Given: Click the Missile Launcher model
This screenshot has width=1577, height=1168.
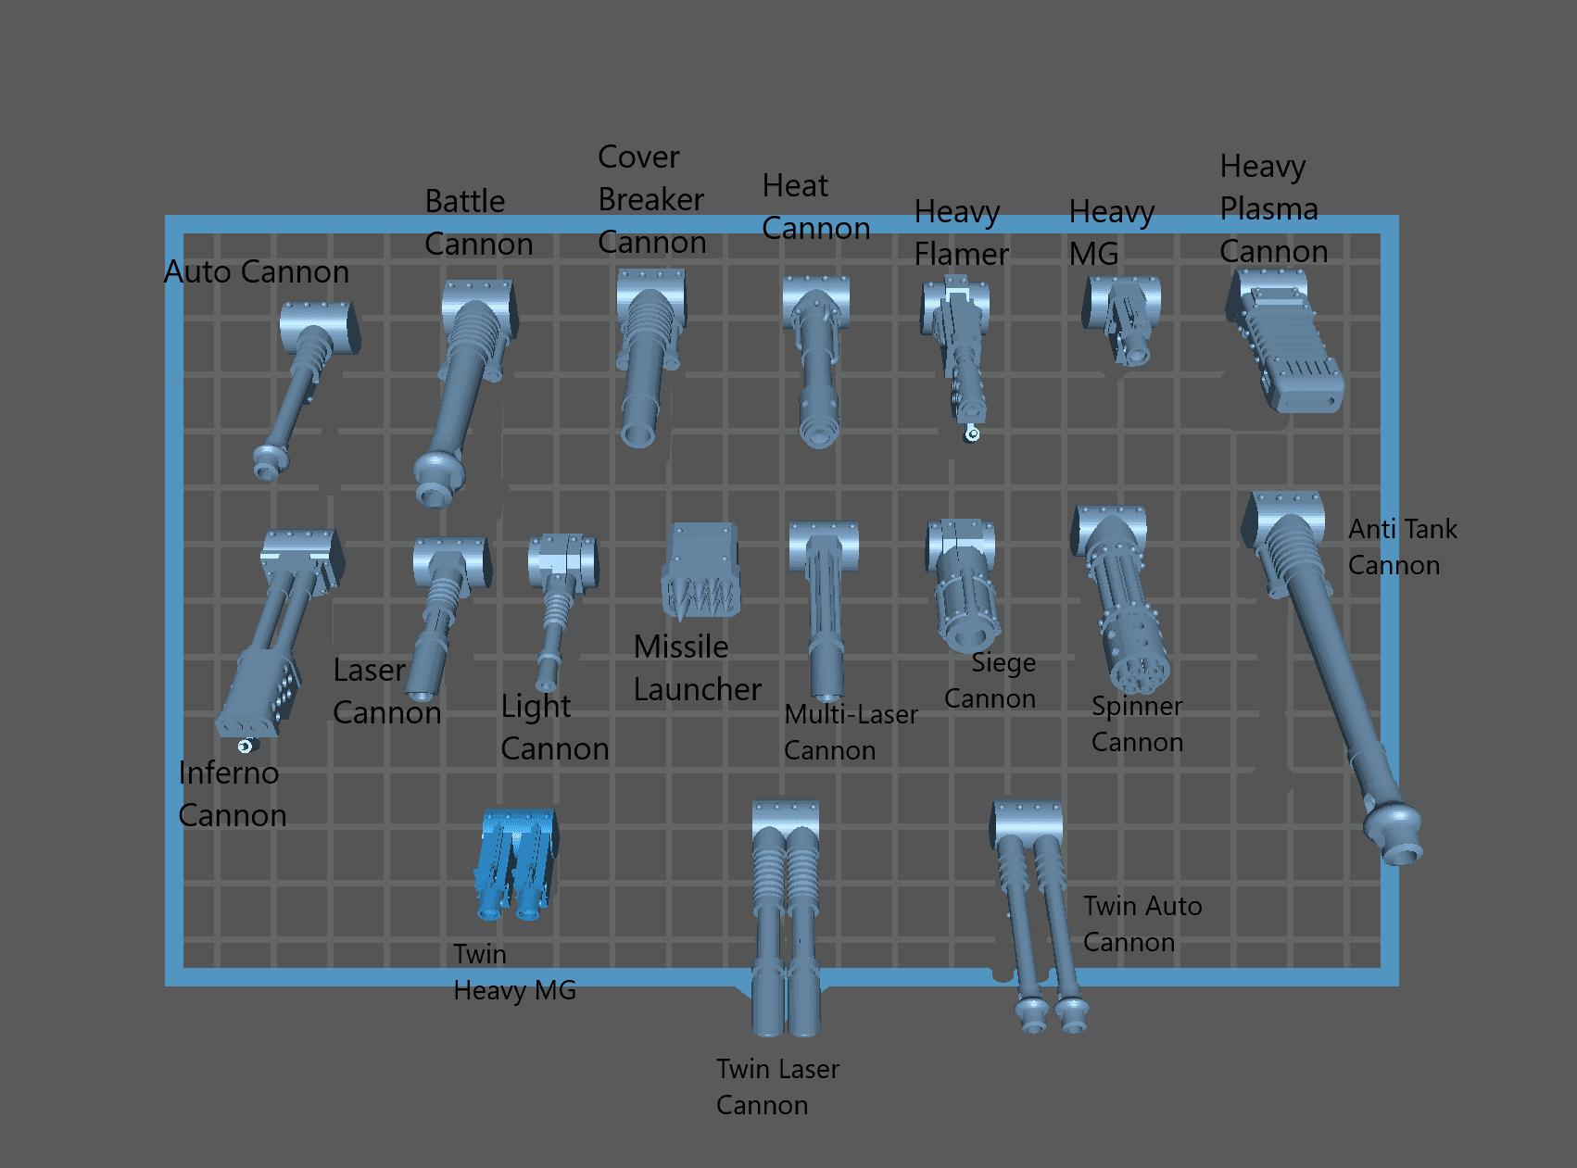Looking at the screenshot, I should (x=700, y=572).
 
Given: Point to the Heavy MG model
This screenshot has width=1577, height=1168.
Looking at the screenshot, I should (x=1122, y=319).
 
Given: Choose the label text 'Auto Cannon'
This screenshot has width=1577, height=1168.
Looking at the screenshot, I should (x=257, y=272).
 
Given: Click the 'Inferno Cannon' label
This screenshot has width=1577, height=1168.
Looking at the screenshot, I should (x=231, y=794).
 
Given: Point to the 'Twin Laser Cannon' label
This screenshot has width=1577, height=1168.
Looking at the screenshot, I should (x=776, y=1086).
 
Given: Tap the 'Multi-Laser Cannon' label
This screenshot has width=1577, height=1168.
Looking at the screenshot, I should (x=850, y=732).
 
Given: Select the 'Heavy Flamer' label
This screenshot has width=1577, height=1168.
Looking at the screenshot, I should (x=960, y=232).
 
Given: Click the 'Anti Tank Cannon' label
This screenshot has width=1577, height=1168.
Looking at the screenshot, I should (x=1402, y=546).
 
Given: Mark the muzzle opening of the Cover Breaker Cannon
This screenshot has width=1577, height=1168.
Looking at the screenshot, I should (x=637, y=433).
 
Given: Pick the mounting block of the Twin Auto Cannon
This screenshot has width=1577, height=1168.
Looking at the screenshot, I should (x=1026, y=821).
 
